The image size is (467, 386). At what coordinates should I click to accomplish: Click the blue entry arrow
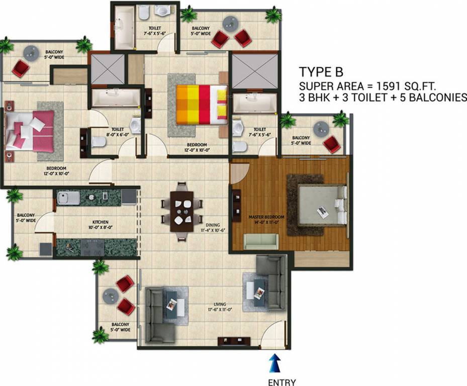(274, 361)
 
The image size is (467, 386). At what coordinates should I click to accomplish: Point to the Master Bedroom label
(266, 217)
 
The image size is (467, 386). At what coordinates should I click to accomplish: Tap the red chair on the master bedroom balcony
(331, 145)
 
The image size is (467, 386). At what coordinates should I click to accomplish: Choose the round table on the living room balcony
(110, 297)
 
